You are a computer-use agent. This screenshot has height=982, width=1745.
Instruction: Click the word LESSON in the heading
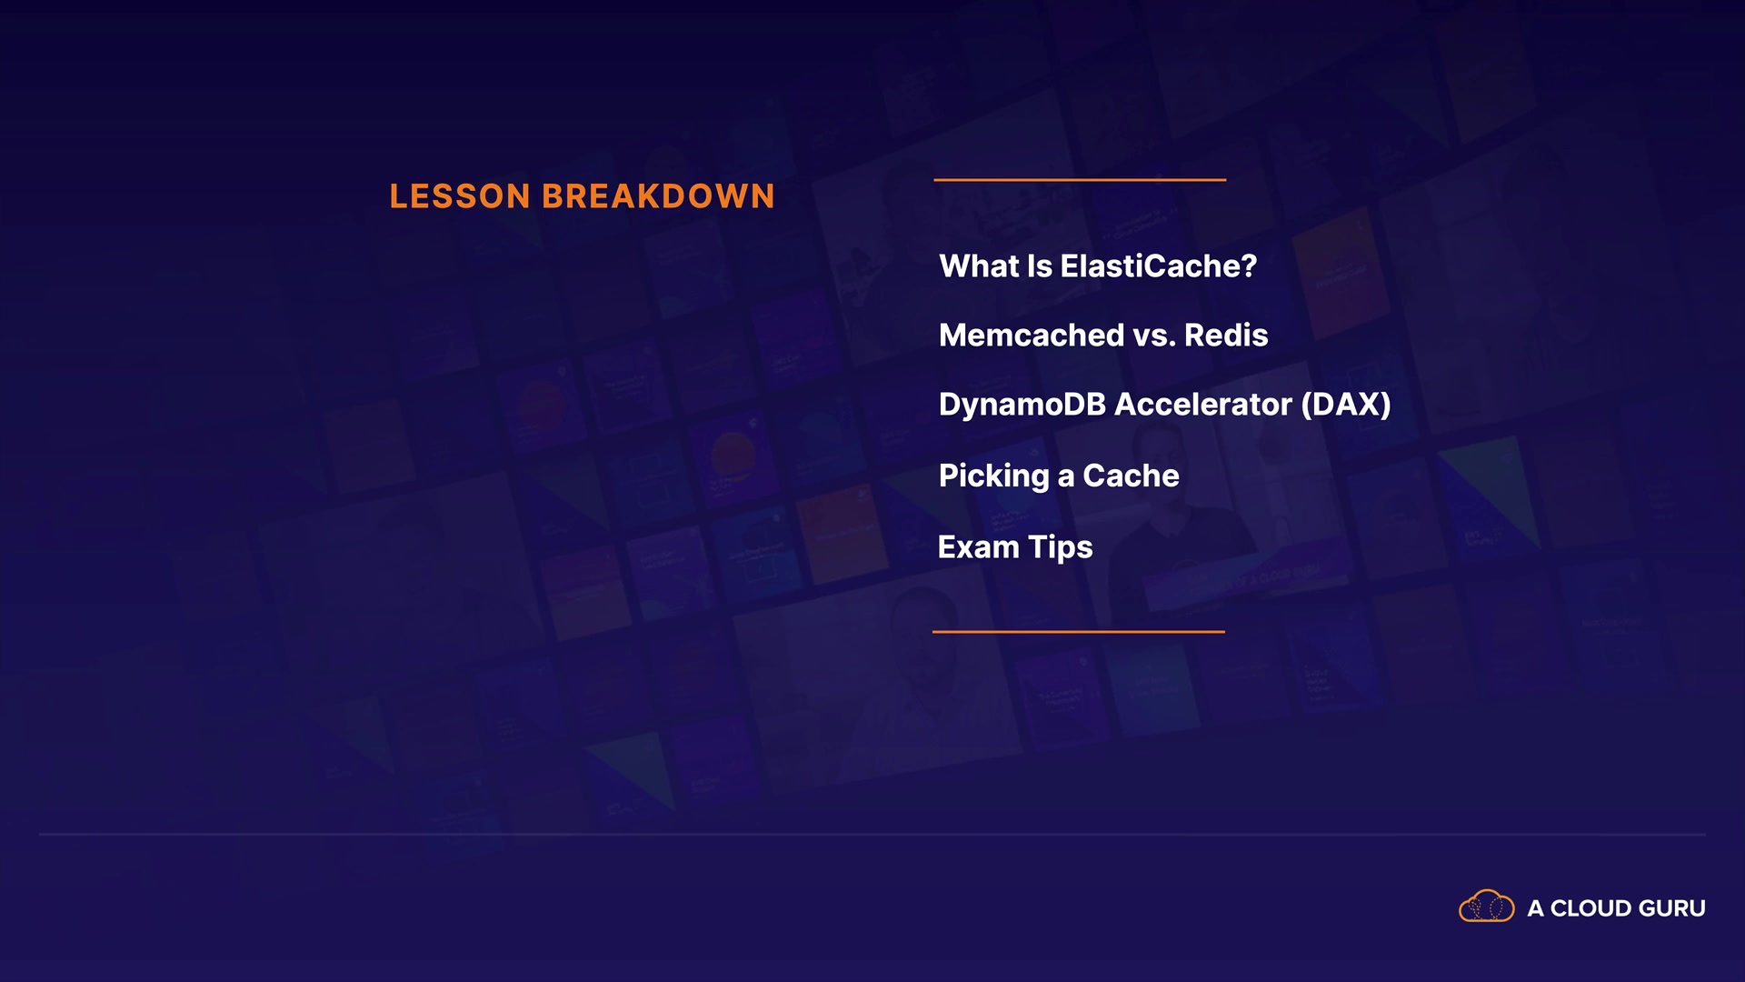coord(460,196)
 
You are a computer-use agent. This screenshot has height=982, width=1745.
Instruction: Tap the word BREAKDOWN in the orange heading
coord(659,196)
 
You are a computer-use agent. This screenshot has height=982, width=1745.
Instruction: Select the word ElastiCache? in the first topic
coord(1159,266)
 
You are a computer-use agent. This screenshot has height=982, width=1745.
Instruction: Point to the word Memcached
coord(1032,336)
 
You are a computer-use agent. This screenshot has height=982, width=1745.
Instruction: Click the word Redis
coord(1226,336)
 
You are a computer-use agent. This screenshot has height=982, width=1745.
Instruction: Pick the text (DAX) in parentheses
coord(1346,405)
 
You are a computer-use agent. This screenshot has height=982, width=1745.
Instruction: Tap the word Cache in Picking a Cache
coord(1131,476)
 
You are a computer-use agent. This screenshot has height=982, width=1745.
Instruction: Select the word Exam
coord(979,547)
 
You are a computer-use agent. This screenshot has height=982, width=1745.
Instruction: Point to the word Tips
coord(1061,548)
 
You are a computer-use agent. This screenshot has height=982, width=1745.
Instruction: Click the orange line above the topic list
coord(1080,180)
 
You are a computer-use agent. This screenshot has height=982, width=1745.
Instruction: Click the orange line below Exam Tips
coord(1079,631)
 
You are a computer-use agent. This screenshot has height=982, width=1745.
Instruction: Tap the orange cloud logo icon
coord(1486,907)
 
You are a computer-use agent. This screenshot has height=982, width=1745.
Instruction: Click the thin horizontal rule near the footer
coord(872,834)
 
